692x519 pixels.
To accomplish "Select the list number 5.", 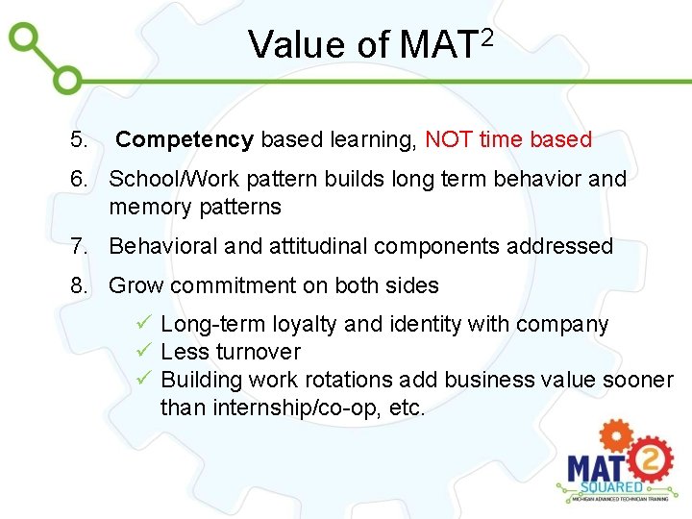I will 79,140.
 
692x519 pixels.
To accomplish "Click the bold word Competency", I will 185,140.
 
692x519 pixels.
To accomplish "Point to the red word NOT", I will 448,139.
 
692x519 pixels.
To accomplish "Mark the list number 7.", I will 79,247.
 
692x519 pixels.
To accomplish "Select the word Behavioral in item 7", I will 163,247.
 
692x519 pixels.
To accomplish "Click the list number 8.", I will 79,286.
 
